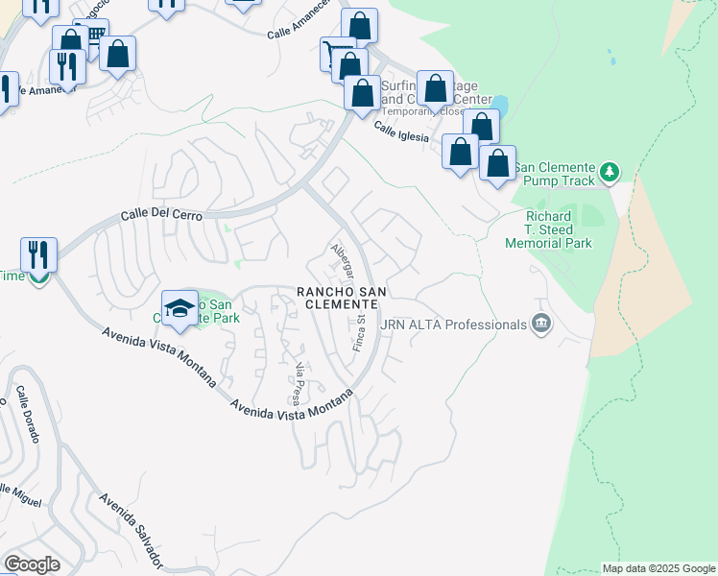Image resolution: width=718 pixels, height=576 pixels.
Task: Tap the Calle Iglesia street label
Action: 401,132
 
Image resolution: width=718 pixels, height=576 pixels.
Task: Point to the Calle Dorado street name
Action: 27,415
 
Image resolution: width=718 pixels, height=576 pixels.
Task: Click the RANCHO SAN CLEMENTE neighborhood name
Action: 337,297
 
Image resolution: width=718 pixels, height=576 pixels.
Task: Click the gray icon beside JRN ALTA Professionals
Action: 540,324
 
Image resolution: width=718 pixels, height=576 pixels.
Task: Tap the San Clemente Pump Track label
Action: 555,174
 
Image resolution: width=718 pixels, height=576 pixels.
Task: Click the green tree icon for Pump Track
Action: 609,173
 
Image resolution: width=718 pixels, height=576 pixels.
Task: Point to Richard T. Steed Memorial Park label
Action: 548,230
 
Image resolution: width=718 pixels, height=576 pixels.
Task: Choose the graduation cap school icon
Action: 179,307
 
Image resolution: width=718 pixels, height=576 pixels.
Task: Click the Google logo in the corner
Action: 33,564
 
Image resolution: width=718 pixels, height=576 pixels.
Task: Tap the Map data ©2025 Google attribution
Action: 658,568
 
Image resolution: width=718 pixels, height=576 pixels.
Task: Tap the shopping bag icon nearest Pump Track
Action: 497,163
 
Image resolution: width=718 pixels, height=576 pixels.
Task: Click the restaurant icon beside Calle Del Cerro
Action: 38,255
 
